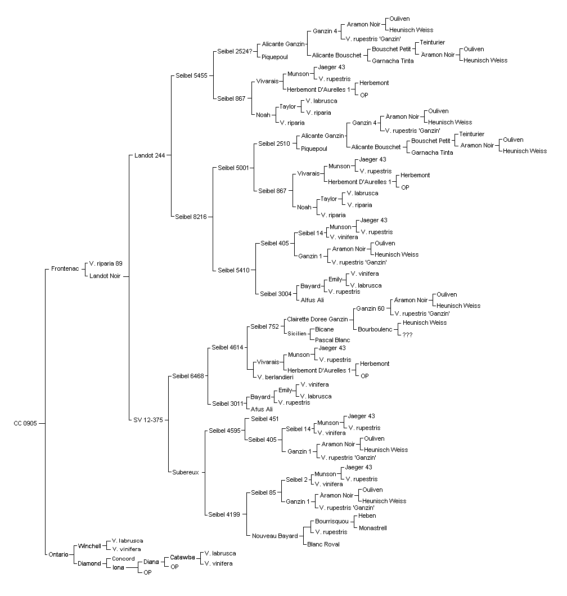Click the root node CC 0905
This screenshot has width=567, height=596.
[25, 423]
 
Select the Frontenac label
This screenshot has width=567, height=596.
[65, 268]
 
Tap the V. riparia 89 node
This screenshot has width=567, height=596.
[106, 263]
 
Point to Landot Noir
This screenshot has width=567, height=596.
[105, 276]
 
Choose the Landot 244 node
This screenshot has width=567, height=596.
[150, 155]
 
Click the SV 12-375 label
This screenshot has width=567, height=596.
[148, 420]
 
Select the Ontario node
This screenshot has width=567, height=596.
[58, 554]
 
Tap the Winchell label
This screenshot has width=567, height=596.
[89, 546]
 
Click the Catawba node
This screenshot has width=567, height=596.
[182, 557]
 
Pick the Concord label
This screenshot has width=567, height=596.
[123, 559]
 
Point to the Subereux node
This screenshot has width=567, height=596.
[186, 473]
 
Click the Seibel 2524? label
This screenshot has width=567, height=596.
[235, 51]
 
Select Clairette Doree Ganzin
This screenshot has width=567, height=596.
[317, 319]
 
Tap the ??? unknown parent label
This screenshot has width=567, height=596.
[407, 335]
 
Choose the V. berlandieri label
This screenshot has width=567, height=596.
[275, 378]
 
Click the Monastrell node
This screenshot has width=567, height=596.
[373, 528]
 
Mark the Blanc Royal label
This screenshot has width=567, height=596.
[323, 544]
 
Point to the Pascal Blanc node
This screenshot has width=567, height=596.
[332, 340]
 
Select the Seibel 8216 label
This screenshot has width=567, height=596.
[191, 217]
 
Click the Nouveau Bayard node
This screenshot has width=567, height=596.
[274, 536]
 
